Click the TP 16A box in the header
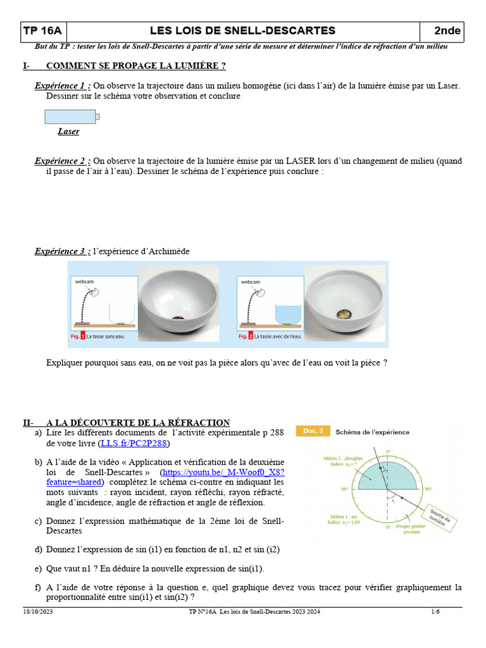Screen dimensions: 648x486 tap(42, 31)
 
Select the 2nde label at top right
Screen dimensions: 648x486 tap(447, 31)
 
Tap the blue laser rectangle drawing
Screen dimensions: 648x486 tap(70, 116)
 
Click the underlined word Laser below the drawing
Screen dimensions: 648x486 tap(68, 132)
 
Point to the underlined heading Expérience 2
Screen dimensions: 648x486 tap(62, 161)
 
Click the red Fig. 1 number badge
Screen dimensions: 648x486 tap(82, 337)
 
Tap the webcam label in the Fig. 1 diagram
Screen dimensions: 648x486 tap(86, 282)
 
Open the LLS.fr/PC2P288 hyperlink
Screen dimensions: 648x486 tap(134, 444)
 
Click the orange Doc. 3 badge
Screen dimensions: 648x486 tap(315, 432)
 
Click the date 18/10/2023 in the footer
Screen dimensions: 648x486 tap(38, 612)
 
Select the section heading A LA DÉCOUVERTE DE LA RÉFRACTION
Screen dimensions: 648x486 tap(137, 423)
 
